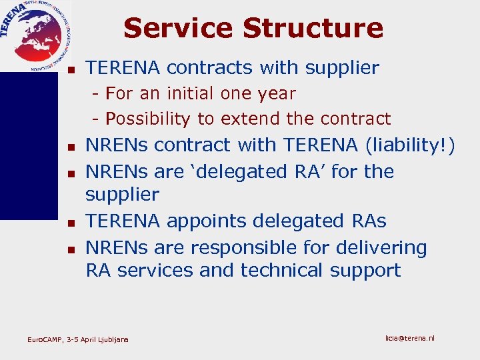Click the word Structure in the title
pyautogui.click(x=313, y=28)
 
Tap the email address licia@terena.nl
pyautogui.click(x=410, y=339)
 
